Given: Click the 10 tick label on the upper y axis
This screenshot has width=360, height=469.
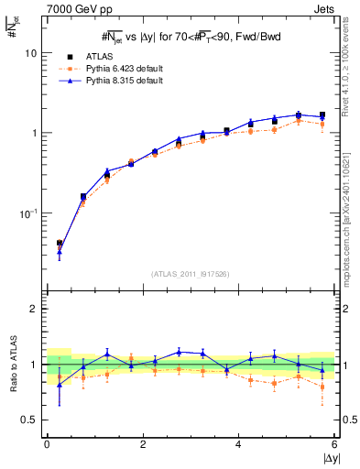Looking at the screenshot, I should click(30, 53).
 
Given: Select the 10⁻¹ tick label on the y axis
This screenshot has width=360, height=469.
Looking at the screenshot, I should click(27, 213).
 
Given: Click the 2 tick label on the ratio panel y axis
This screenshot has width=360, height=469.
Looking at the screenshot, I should click(33, 309).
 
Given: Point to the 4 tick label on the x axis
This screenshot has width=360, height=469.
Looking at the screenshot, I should click(239, 444).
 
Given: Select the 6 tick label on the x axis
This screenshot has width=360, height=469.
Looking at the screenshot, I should click(335, 444).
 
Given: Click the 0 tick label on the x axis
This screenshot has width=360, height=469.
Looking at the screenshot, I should click(47, 444).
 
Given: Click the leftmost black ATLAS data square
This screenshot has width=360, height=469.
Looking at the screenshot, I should click(60, 244).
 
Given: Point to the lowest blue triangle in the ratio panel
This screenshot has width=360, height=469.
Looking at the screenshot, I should click(60, 385).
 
